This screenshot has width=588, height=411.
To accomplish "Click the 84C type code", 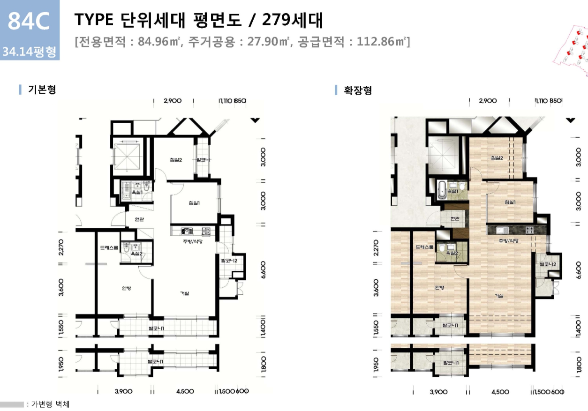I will (x=29, y=22).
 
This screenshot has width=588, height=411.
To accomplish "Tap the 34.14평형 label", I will (x=29, y=51).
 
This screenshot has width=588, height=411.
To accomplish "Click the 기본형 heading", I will (x=42, y=90).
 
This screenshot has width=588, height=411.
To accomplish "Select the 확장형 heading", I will (x=358, y=90).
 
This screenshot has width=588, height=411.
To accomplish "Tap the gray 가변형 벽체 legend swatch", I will (x=12, y=404).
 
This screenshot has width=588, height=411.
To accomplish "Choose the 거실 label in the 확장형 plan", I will (x=500, y=296).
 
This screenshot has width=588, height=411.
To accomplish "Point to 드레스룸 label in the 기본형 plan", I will (x=108, y=248).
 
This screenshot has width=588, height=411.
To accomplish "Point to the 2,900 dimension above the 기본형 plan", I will (x=173, y=101).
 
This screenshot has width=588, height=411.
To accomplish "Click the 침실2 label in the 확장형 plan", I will (x=497, y=157).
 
